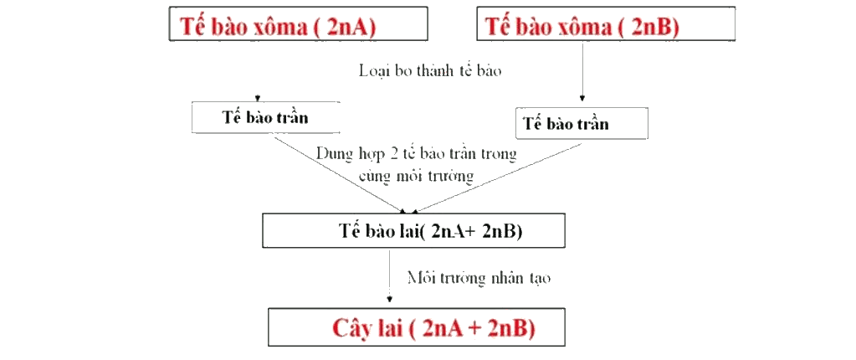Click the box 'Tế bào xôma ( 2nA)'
(298, 23)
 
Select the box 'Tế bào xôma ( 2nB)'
(606, 23)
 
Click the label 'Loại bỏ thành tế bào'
(429, 71)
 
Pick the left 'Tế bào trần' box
(265, 117)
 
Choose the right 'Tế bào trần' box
(582, 123)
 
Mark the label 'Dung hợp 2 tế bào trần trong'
(416, 154)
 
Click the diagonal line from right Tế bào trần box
(497, 177)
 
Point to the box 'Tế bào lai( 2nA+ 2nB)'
(414, 232)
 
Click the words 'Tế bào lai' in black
(377, 231)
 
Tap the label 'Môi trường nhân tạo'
(479, 278)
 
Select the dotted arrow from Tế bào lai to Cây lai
(389, 276)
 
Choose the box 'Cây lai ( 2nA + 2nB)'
(417, 327)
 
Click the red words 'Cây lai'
(365, 329)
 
